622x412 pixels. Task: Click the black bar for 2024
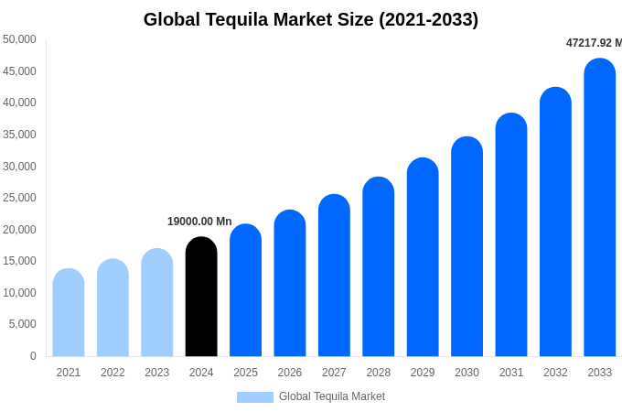pos(201,297)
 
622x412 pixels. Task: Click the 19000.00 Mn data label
pos(199,222)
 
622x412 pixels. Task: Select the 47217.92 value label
pos(594,43)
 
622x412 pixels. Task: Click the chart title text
pos(311,19)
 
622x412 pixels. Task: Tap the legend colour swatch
pos(255,397)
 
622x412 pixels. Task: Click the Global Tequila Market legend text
pos(332,396)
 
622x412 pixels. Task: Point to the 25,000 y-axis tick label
pos(19,198)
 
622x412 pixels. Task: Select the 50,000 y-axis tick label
pos(19,39)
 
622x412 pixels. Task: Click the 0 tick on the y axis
pos(33,356)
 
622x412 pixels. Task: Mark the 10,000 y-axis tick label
pos(19,293)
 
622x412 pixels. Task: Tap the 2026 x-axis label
pos(290,373)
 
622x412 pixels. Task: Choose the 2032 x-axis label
pos(555,373)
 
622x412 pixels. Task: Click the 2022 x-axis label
pos(113,373)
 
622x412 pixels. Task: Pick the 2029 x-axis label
pos(423,373)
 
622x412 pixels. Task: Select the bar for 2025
pos(245,290)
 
